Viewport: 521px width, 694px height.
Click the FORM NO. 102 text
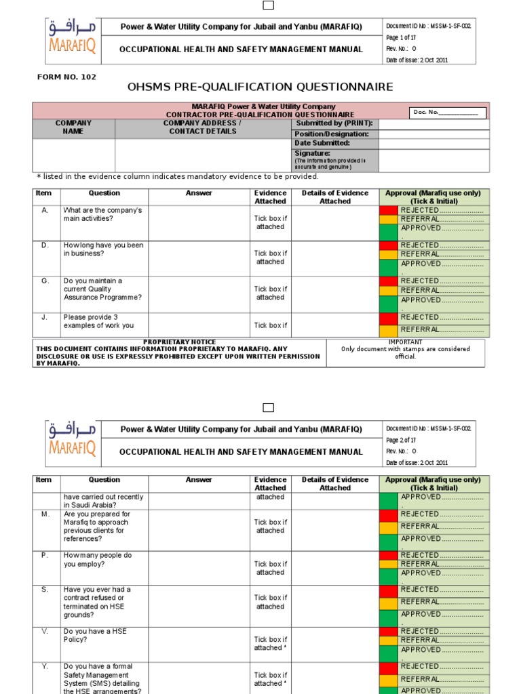click(x=66, y=77)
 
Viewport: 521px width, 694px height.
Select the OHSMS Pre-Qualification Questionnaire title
click(x=260, y=87)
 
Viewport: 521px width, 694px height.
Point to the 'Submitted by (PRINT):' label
click(x=334, y=124)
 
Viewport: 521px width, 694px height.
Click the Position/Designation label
click(x=331, y=134)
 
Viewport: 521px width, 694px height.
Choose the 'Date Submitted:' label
click(x=322, y=144)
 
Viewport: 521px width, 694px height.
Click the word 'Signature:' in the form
click(x=312, y=153)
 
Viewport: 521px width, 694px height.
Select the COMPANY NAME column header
click(x=73, y=127)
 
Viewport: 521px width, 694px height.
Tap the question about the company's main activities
click(x=102, y=215)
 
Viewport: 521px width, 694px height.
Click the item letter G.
click(x=45, y=281)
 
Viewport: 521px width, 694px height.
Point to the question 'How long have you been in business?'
click(x=103, y=249)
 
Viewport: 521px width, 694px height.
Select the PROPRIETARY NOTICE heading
click(x=180, y=342)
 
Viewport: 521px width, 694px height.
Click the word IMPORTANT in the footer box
click(x=405, y=342)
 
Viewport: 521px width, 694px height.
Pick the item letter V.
click(x=45, y=631)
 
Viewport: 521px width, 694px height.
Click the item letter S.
click(x=45, y=590)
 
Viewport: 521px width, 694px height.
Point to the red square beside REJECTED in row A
click(x=389, y=211)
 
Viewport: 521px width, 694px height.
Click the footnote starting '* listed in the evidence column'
click(x=177, y=177)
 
